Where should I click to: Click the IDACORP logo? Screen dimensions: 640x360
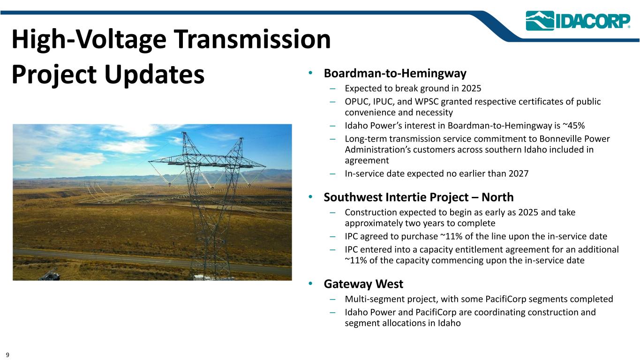tap(578, 21)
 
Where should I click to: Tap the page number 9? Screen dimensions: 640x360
tap(8, 355)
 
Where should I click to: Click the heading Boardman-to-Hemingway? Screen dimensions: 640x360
tap(395, 74)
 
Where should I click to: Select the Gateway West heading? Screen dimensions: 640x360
tap(363, 284)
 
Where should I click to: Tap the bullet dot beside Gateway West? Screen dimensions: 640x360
tap(310, 284)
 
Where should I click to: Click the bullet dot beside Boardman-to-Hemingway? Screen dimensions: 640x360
tap(310, 73)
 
